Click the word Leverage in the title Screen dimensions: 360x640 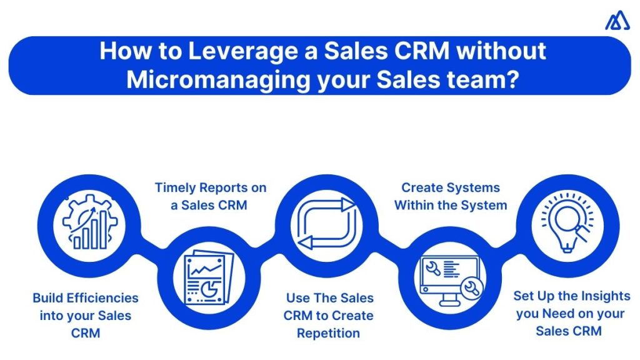click(228, 51)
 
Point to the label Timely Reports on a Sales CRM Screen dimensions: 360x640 click(210, 196)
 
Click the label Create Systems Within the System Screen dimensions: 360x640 click(451, 196)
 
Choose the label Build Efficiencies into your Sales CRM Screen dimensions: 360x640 click(86, 315)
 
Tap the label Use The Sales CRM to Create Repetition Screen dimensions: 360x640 click(329, 315)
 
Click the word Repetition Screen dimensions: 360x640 click(329, 333)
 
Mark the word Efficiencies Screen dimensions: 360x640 click(102, 297)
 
